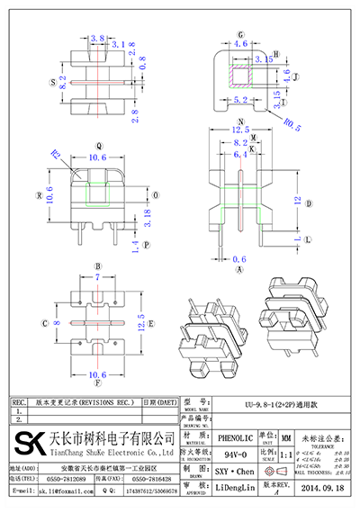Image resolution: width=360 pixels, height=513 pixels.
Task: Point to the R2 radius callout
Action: [56, 155]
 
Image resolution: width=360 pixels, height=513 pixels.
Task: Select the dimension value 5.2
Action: [240, 101]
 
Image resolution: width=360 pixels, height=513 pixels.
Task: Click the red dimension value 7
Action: [96, 279]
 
